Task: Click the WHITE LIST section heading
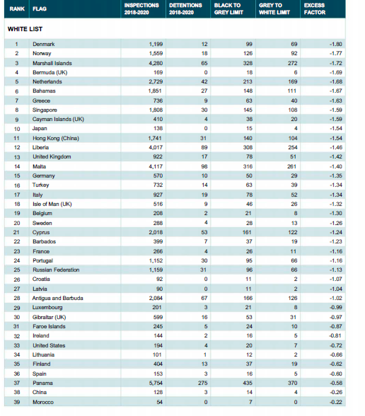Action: click(x=25, y=29)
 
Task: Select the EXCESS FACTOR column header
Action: click(x=315, y=8)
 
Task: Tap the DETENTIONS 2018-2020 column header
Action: click(x=185, y=8)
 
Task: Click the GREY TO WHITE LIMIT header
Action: click(x=274, y=8)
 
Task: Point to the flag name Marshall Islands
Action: click(x=52, y=63)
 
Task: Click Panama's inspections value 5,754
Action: click(x=156, y=383)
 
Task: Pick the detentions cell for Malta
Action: click(x=204, y=166)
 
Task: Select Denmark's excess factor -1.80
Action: click(x=336, y=44)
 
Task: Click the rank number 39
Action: click(x=17, y=402)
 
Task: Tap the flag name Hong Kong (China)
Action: click(x=56, y=138)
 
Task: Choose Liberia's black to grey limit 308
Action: click(x=248, y=147)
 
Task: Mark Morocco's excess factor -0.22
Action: click(x=336, y=402)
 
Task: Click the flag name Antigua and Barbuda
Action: click(x=57, y=299)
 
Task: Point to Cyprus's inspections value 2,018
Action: click(x=156, y=232)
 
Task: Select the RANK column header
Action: click(x=17, y=8)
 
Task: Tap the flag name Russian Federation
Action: click(x=56, y=270)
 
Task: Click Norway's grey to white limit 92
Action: click(x=294, y=53)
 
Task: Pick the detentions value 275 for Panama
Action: click(x=203, y=383)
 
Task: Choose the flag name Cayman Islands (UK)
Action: click(x=58, y=120)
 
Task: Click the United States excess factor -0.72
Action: click(x=336, y=345)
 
